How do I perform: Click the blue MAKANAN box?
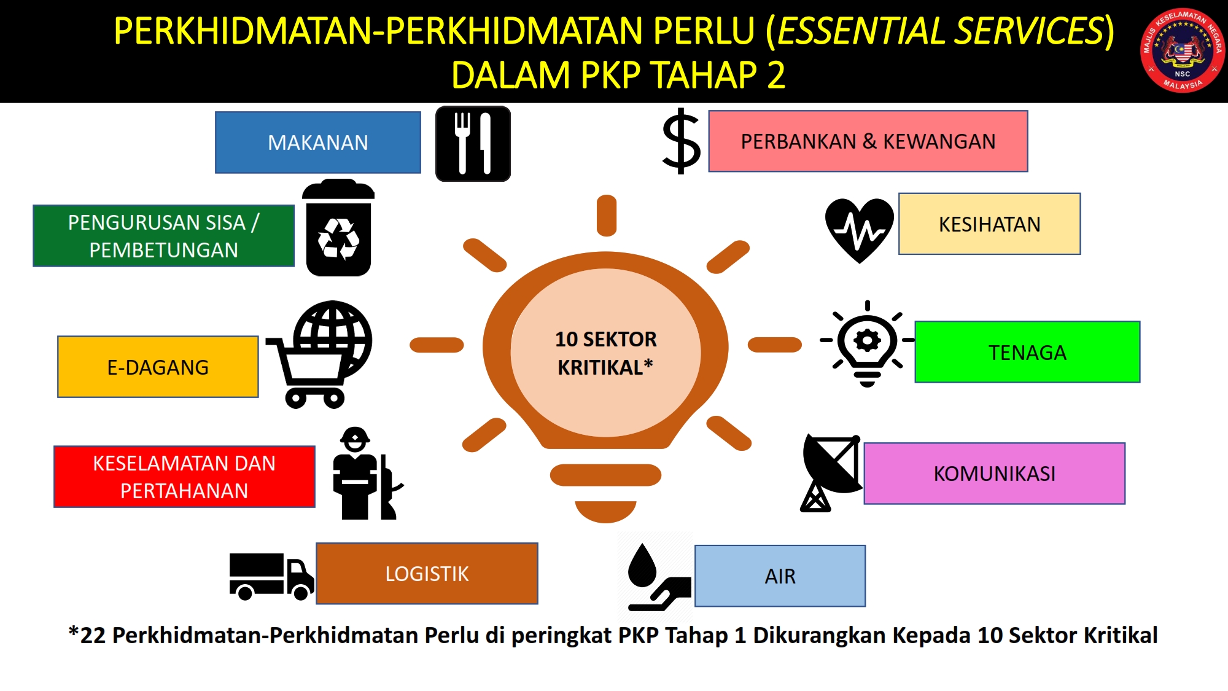(318, 142)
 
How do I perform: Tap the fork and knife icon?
(473, 144)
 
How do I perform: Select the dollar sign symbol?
(681, 141)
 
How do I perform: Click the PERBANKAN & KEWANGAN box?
(868, 141)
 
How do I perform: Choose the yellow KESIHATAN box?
(989, 224)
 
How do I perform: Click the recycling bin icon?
(338, 228)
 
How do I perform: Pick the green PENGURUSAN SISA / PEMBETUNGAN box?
(163, 236)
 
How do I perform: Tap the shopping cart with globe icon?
(319, 354)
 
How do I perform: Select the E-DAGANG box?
(158, 367)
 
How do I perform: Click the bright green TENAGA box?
(1027, 352)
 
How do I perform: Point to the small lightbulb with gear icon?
(867, 344)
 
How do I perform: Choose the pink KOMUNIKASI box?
(995, 474)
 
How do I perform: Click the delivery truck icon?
(271, 576)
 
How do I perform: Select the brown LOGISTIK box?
(427, 574)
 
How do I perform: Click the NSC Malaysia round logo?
(1183, 50)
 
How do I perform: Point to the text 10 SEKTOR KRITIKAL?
(605, 353)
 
